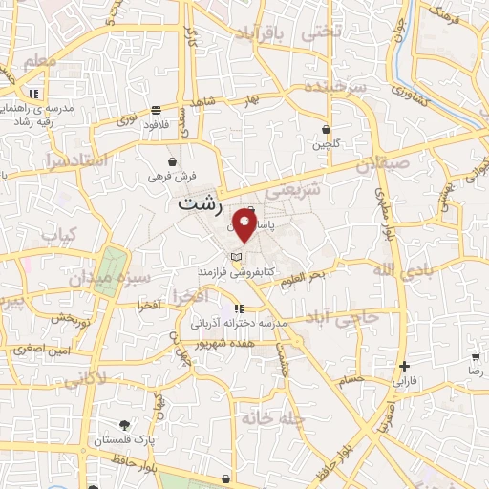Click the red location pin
244,227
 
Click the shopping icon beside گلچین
326,129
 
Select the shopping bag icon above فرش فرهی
171,161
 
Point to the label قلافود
156,124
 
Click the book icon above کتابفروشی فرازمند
236,256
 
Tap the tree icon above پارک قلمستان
124,425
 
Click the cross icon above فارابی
406,366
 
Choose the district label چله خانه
264,417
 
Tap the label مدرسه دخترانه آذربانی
240,324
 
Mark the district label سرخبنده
337,87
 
